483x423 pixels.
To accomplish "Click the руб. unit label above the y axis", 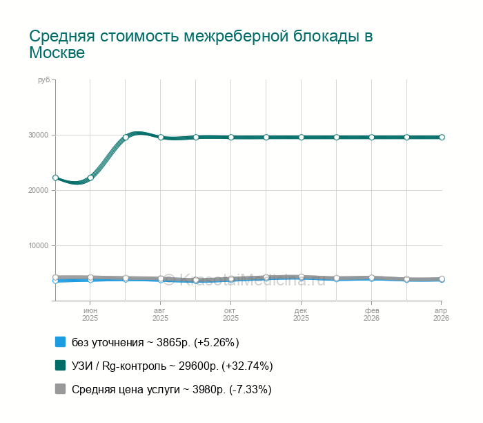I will (x=43, y=81).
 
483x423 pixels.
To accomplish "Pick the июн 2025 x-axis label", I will (x=90, y=314).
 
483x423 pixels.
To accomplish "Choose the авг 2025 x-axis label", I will (x=161, y=314).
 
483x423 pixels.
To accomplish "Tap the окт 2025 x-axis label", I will (x=231, y=314).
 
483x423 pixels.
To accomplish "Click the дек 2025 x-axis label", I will (x=302, y=314).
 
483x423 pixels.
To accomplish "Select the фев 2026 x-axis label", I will (x=372, y=314).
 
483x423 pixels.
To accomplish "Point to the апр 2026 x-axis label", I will (x=442, y=314).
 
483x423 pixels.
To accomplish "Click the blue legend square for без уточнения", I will (x=60, y=342).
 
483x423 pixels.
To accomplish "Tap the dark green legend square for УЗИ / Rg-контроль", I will (x=60, y=366).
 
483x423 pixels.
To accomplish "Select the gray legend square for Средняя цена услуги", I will (x=60, y=389).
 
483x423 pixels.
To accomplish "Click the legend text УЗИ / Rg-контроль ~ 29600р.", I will (x=172, y=366).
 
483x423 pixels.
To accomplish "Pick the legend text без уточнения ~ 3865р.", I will (x=155, y=342).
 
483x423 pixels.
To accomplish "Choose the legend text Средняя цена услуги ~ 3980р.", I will (x=172, y=389).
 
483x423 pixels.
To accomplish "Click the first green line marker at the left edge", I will (x=55, y=178).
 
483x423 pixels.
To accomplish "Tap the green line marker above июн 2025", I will (x=90, y=178).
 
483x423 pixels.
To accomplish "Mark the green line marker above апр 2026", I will (x=442, y=137).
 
